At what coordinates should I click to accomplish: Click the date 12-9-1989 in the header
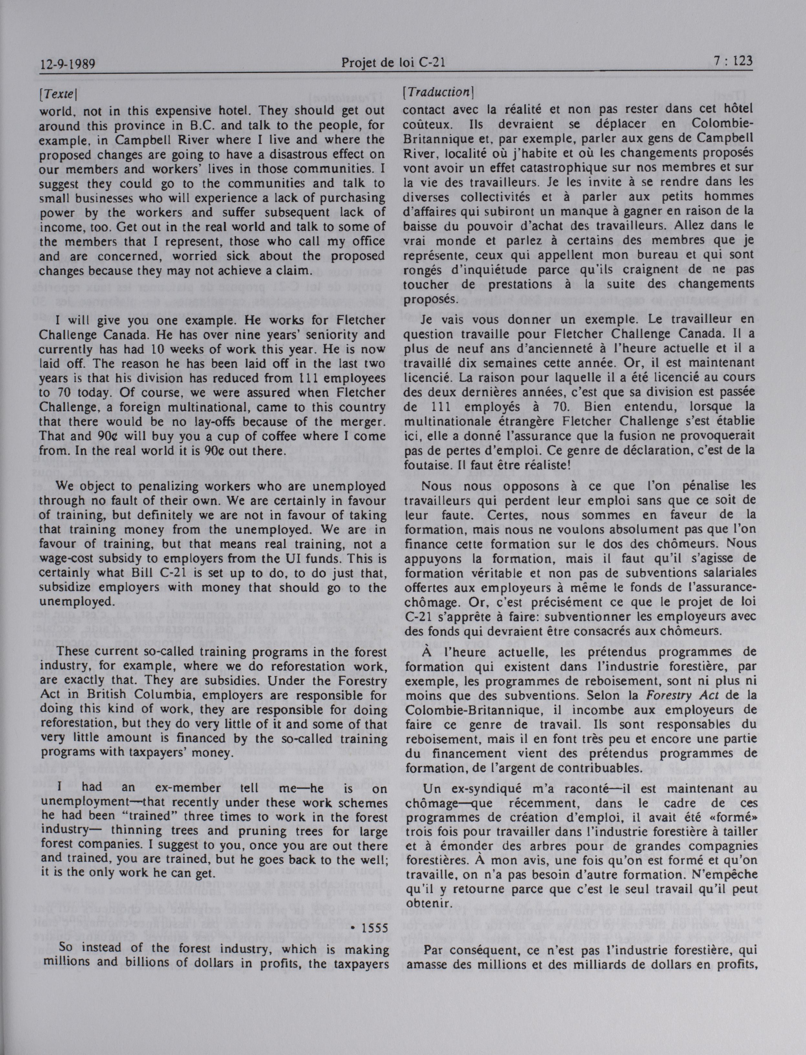tap(67, 63)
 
